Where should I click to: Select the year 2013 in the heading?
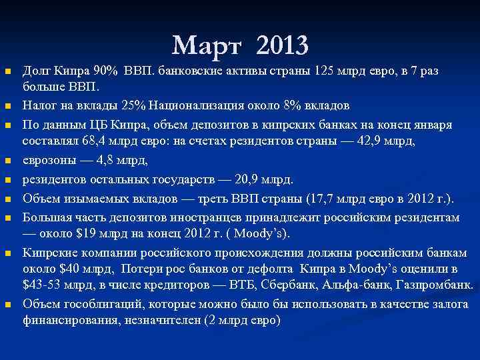(281, 45)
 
